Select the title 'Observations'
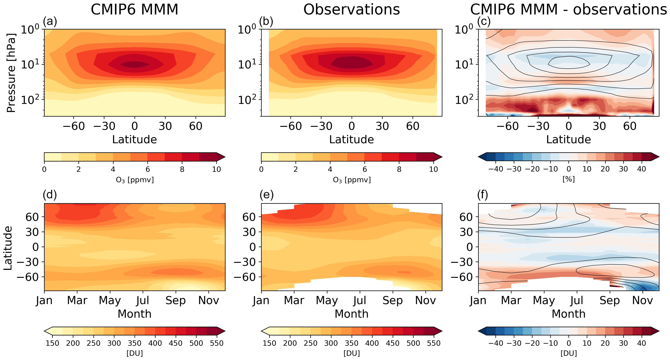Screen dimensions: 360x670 coord(351,10)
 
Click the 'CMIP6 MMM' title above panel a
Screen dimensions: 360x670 coord(135,10)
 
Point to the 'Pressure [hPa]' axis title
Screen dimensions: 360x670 coord(11,73)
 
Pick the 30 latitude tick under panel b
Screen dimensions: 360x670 coord(382,126)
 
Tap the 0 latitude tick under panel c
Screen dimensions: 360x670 coord(569,126)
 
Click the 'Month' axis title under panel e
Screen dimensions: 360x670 coord(351,314)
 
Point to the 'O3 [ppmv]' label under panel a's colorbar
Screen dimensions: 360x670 coord(135,180)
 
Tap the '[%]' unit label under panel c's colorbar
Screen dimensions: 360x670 coord(569,179)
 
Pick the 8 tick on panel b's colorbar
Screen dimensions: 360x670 coord(399,169)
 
